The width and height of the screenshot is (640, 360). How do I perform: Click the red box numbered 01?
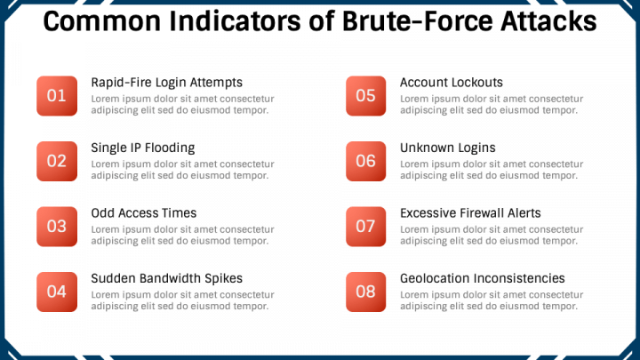56,96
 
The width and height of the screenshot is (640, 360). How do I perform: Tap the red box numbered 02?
56,161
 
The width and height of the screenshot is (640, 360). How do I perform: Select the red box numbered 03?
56,226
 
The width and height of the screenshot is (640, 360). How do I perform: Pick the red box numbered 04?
56,291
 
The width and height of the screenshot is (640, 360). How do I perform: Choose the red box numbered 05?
365,96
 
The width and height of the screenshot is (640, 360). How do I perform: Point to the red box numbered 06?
365,161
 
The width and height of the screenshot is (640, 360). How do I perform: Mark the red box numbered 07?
365,226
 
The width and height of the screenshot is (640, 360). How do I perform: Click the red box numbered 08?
365,291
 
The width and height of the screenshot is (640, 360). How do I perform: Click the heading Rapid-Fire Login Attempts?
166,83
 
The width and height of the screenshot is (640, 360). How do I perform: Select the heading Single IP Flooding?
142,148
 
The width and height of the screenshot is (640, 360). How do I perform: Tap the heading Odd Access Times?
143,213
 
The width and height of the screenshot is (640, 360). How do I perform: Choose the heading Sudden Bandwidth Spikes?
166,278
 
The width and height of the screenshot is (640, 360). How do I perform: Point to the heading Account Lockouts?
451,83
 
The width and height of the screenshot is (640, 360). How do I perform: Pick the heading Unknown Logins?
447,148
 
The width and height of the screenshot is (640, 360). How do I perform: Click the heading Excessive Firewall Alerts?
470,213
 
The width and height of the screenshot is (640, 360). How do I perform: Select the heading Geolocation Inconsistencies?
482,278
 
